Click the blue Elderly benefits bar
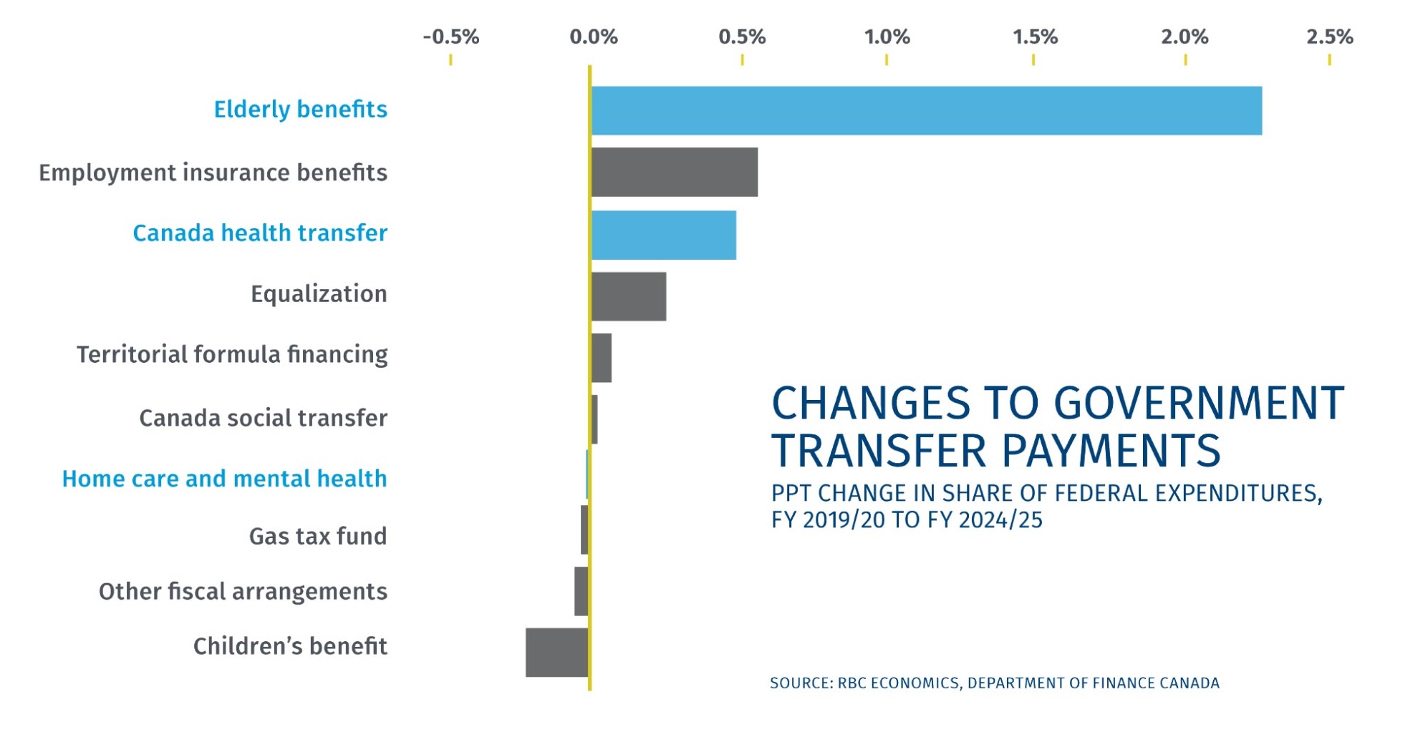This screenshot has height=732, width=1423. [926, 111]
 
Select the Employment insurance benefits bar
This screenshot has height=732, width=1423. [674, 172]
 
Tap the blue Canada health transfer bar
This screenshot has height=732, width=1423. [663, 235]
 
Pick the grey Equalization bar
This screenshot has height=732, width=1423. [628, 296]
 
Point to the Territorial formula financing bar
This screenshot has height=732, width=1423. [602, 358]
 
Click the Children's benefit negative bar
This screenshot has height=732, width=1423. [556, 653]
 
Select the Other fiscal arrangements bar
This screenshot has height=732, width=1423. [581, 591]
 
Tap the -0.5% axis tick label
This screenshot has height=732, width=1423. [450, 37]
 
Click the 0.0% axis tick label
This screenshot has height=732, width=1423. [593, 37]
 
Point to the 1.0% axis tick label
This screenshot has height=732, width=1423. [887, 37]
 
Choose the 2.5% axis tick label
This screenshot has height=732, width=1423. [1329, 37]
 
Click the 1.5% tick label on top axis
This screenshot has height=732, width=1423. [1034, 37]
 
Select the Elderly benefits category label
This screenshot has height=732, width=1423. [300, 109]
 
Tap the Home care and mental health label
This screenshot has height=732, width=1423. [224, 479]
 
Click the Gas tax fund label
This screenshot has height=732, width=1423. [317, 536]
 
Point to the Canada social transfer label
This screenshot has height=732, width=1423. [263, 418]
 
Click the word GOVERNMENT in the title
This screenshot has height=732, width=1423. [1200, 404]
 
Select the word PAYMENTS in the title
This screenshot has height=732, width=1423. [1110, 452]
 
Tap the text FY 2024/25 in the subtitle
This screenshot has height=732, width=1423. [985, 520]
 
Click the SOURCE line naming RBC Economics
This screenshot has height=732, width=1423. [994, 683]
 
